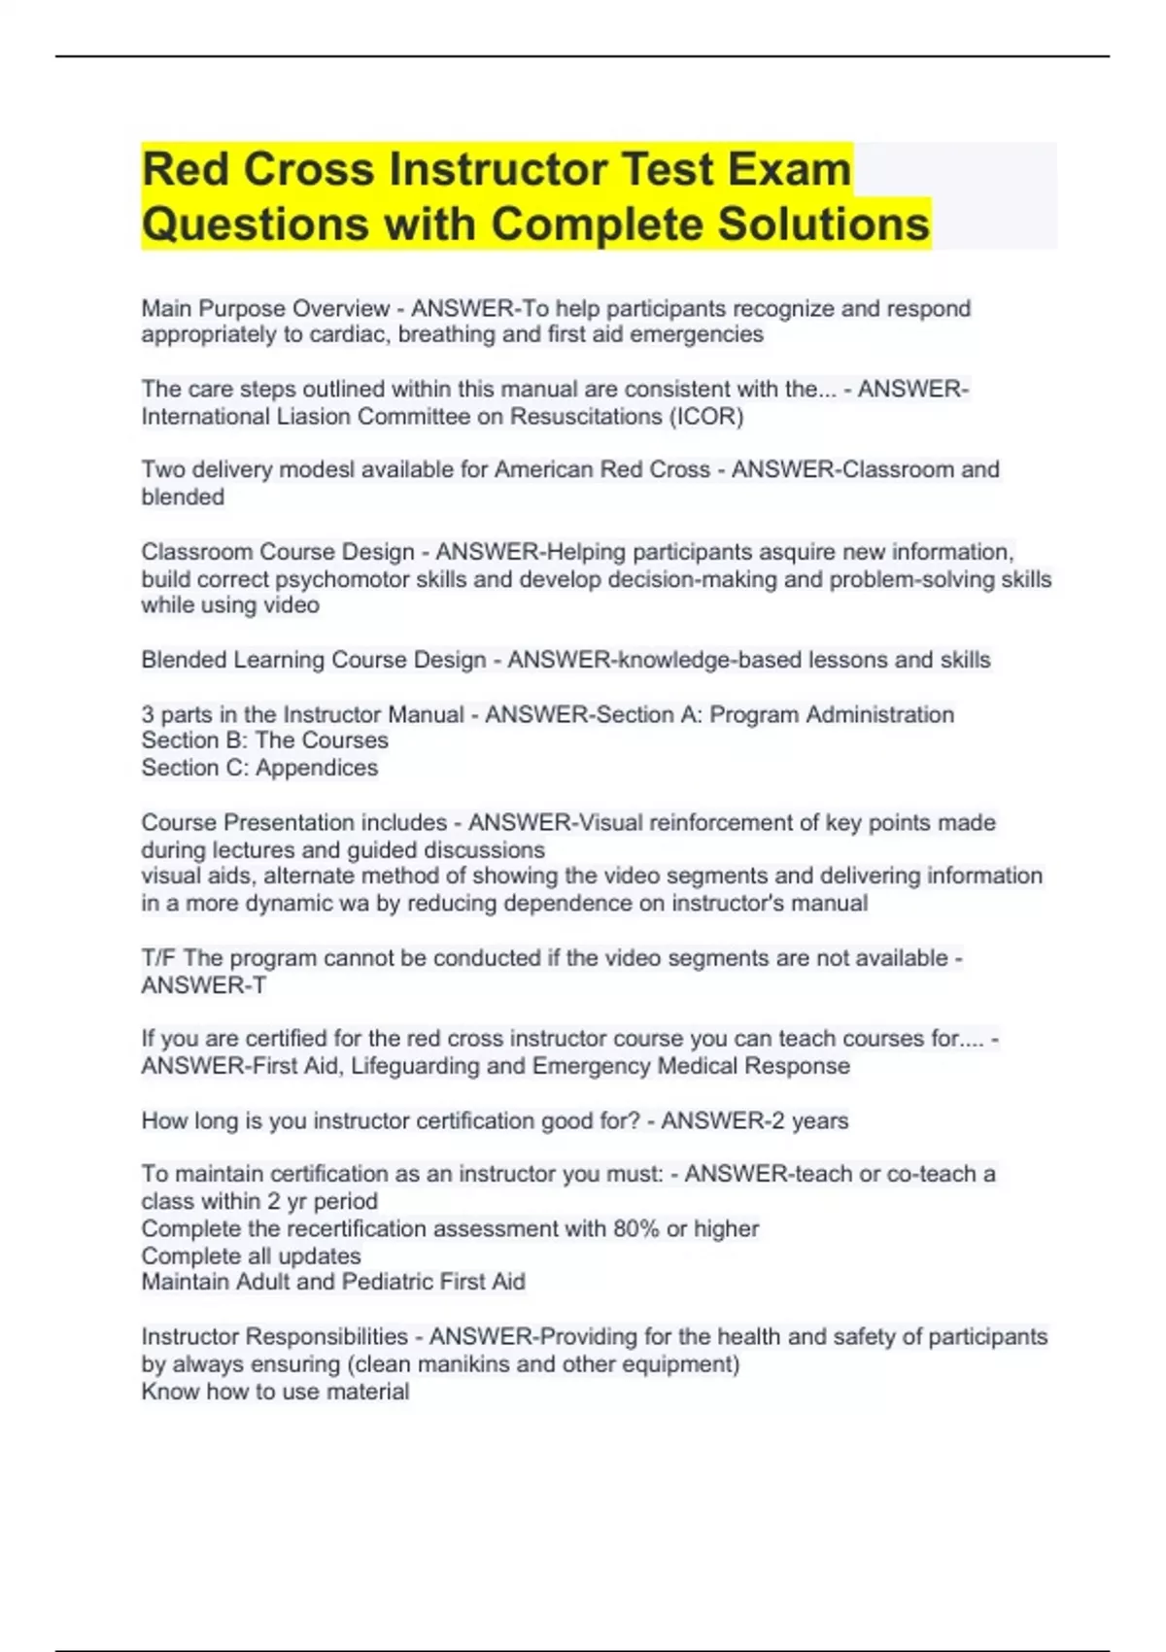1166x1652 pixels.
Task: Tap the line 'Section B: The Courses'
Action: click(x=264, y=740)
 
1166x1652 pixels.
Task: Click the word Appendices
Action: click(x=317, y=768)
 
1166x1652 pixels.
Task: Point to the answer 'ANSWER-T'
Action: click(x=203, y=985)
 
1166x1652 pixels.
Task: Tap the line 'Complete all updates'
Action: click(x=251, y=1256)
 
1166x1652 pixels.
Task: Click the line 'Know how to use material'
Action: click(x=275, y=1392)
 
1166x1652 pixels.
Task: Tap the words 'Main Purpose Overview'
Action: click(x=265, y=309)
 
